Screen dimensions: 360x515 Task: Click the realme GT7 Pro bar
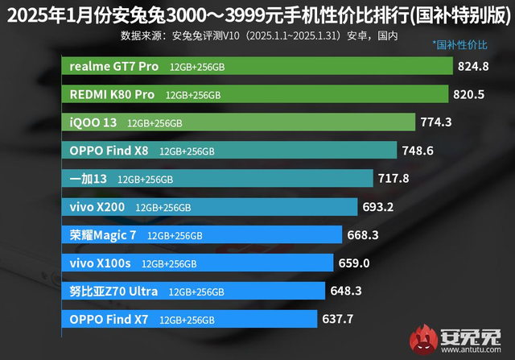click(x=257, y=66)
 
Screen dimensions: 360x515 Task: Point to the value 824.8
click(x=473, y=66)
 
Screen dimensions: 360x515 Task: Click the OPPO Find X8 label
click(x=109, y=151)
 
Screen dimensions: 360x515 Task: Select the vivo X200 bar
click(x=209, y=207)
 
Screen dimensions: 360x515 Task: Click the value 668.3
click(x=362, y=235)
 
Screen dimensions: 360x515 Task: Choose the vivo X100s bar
click(x=197, y=263)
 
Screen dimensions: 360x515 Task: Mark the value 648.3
click(x=347, y=291)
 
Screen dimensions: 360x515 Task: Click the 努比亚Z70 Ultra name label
click(x=113, y=291)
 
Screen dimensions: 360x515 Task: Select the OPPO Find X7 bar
click(x=190, y=319)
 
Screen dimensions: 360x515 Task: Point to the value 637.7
click(x=338, y=319)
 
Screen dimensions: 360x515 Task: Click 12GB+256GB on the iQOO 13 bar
click(x=154, y=123)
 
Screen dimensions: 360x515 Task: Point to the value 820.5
click(x=470, y=94)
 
